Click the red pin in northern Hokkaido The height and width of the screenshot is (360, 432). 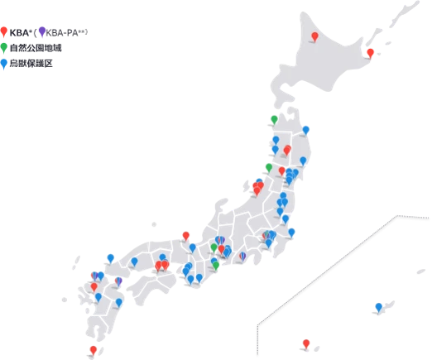tap(314, 36)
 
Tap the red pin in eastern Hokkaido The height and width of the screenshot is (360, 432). tap(370, 51)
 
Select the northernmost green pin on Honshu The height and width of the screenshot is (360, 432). tap(274, 119)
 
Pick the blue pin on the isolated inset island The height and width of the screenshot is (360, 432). tap(378, 307)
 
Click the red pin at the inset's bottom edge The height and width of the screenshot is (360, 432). tap(306, 343)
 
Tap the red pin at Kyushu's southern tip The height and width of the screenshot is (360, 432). tap(93, 350)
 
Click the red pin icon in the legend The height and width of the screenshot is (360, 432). tap(4, 31)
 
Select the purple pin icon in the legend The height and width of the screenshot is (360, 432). tap(41, 31)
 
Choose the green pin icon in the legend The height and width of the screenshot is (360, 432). tap(4, 46)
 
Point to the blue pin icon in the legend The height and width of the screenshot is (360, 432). tap(4, 62)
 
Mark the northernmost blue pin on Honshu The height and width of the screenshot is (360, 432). tap(306, 130)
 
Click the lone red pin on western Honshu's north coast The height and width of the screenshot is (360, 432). tap(185, 236)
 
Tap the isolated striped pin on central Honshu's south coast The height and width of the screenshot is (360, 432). tap(242, 256)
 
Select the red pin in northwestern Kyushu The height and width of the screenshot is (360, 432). tap(94, 287)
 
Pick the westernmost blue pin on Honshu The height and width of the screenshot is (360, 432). tap(110, 258)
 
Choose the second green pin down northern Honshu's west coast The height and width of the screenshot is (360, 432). tap(269, 167)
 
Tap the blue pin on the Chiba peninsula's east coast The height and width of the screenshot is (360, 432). tap(291, 233)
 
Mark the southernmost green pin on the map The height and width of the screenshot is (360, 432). tap(216, 265)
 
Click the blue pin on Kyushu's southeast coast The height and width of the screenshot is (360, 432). tap(119, 304)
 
